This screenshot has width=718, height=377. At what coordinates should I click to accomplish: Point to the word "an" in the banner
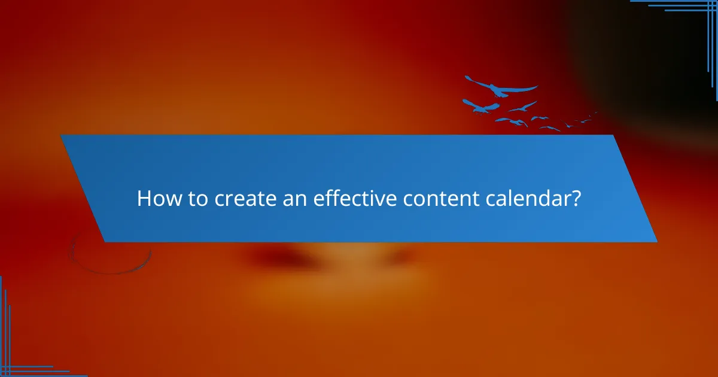[x=292, y=199]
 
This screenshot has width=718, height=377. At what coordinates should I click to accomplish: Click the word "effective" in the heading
[x=353, y=199]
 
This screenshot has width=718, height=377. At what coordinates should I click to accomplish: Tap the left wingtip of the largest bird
[x=467, y=77]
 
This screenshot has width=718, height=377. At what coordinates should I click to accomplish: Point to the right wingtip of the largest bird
[x=536, y=87]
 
